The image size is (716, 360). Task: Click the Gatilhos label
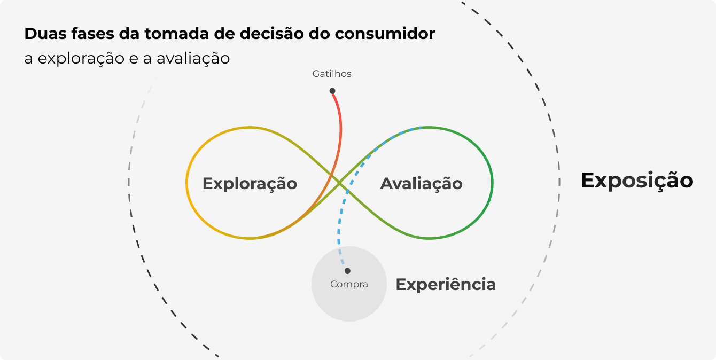point(332,74)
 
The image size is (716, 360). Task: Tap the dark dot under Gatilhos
point(332,91)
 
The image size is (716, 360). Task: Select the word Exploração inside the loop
point(250,183)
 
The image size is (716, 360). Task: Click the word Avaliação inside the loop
point(421,183)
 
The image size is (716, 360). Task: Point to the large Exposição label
point(637,181)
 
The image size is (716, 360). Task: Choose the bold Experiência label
point(446,284)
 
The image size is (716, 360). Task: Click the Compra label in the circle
point(349,284)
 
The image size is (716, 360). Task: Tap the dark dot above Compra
point(347,271)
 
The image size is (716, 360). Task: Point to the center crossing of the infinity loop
point(339,183)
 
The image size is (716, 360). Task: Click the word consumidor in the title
point(385,34)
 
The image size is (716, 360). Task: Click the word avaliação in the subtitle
point(193,58)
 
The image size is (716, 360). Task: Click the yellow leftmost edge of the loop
point(186,183)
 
